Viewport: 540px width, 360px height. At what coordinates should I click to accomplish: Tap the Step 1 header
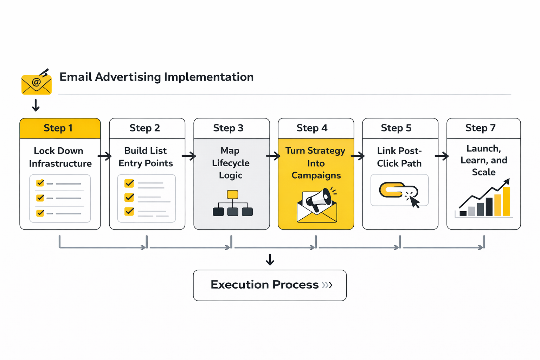58,128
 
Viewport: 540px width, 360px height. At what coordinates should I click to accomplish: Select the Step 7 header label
480,128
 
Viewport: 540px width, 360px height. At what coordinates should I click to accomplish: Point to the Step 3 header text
228,128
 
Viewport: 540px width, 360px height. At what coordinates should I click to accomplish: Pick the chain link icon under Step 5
393,190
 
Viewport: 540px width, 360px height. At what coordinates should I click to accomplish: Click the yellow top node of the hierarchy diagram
232,194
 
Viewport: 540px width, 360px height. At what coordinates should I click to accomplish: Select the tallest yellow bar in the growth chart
506,201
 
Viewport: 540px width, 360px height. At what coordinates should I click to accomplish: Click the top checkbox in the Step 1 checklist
40,183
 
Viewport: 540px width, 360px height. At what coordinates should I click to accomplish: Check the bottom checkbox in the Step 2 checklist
129,211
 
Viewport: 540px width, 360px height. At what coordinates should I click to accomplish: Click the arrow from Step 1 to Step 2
104,156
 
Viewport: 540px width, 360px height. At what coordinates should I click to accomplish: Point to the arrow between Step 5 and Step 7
442,156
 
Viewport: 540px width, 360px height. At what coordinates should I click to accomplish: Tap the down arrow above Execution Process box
270,259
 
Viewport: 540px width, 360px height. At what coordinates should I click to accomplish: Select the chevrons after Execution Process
327,285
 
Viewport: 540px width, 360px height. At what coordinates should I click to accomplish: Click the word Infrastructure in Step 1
60,163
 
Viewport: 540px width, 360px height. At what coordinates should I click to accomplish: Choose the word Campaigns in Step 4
316,175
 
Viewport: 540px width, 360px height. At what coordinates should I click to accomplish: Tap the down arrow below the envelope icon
36,105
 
